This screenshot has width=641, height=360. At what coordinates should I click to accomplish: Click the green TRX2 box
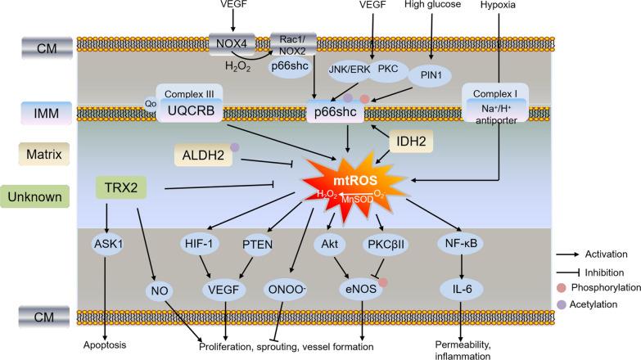(x=120, y=187)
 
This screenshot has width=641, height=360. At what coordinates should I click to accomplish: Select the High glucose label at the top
(x=435, y=6)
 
